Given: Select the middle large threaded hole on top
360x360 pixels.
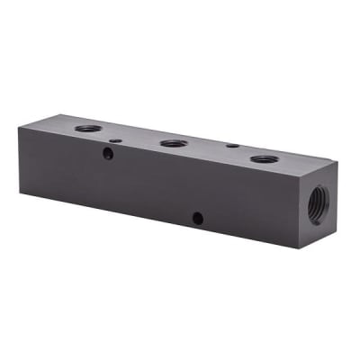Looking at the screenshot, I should pyautogui.click(x=172, y=143).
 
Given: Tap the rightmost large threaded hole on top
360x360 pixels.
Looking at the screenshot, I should pyautogui.click(x=263, y=159).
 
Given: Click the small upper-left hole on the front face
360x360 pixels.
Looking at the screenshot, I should pyautogui.click(x=107, y=155).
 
